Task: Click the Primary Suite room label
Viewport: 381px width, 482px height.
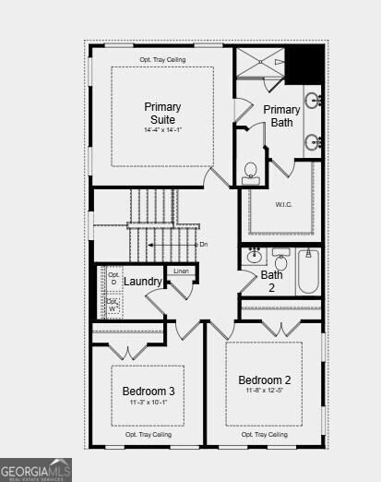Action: point(162,113)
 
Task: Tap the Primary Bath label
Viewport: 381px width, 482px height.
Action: point(281,115)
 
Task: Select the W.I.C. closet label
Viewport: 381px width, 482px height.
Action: point(283,204)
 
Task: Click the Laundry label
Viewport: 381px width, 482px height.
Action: point(143,281)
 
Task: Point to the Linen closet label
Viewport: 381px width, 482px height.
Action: point(181,271)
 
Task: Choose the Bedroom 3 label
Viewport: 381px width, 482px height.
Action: point(149,392)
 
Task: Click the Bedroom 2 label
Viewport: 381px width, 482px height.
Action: point(264,380)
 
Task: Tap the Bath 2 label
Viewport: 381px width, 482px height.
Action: point(272,281)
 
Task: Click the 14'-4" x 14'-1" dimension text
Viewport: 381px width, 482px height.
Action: point(162,130)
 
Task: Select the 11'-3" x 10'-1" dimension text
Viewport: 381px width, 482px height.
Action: point(149,403)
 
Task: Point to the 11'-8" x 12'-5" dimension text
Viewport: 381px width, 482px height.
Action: point(264,392)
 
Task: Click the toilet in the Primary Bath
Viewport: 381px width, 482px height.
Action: point(250,173)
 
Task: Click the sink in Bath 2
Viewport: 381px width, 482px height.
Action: point(255,256)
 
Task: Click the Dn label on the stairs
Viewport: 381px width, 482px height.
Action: point(204,244)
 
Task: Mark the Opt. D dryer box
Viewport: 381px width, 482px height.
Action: point(113,278)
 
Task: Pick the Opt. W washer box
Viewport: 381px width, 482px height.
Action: point(113,304)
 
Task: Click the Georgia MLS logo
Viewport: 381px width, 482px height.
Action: point(35,469)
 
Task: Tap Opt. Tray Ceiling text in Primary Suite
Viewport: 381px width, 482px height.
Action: point(162,59)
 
